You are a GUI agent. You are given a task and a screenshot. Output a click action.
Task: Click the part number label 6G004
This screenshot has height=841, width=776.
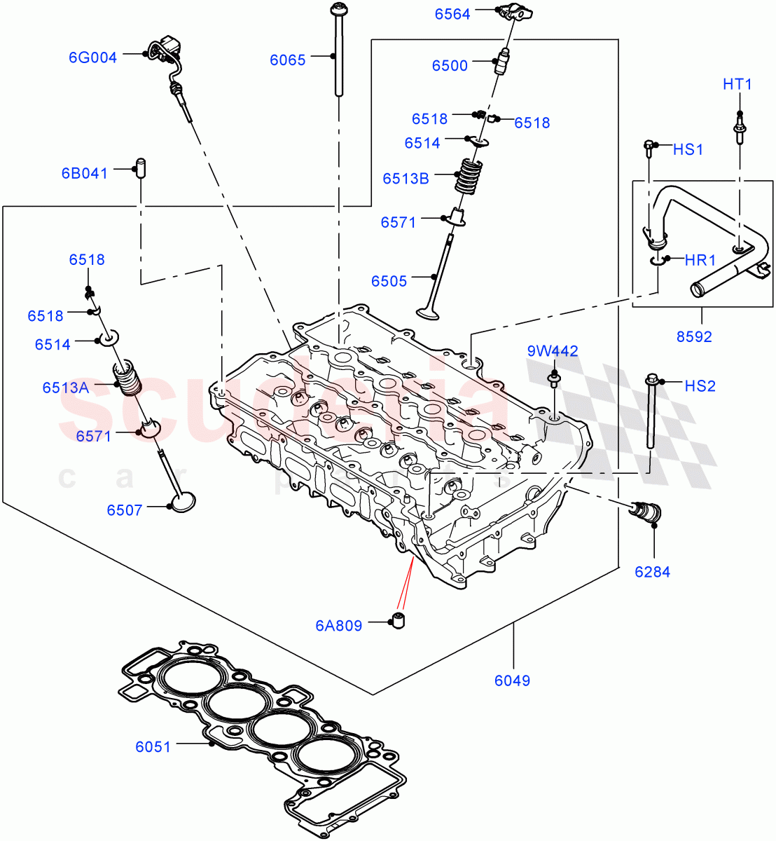92,58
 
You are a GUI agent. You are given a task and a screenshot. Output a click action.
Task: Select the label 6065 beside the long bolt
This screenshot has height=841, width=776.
288,60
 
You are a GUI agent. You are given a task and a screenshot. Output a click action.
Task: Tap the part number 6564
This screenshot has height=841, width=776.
452,14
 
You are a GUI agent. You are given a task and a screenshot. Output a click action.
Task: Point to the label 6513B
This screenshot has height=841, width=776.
406,179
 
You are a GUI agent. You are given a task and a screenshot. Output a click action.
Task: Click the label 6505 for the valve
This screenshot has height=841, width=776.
389,281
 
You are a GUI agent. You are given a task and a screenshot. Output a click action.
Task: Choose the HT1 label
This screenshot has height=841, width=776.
737,85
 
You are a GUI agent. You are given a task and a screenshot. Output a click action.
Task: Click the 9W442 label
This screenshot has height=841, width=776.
553,351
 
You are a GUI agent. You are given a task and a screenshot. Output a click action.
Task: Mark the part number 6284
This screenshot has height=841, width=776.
652,572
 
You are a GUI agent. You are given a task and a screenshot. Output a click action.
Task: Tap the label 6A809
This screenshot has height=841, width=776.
338,626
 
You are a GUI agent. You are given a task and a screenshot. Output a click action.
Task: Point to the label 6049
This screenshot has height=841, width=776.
512,680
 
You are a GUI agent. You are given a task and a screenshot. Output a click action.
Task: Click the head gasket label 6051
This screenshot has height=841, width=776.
153,747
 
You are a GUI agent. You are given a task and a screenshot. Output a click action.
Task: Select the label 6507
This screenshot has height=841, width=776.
125,510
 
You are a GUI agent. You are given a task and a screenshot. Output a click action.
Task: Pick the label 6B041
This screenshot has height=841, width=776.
85,173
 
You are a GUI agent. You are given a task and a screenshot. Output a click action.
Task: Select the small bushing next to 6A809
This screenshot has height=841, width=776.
399,620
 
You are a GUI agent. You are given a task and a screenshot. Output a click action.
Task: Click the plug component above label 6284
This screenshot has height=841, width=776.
642,512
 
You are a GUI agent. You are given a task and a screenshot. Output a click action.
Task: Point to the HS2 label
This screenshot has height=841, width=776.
700,386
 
